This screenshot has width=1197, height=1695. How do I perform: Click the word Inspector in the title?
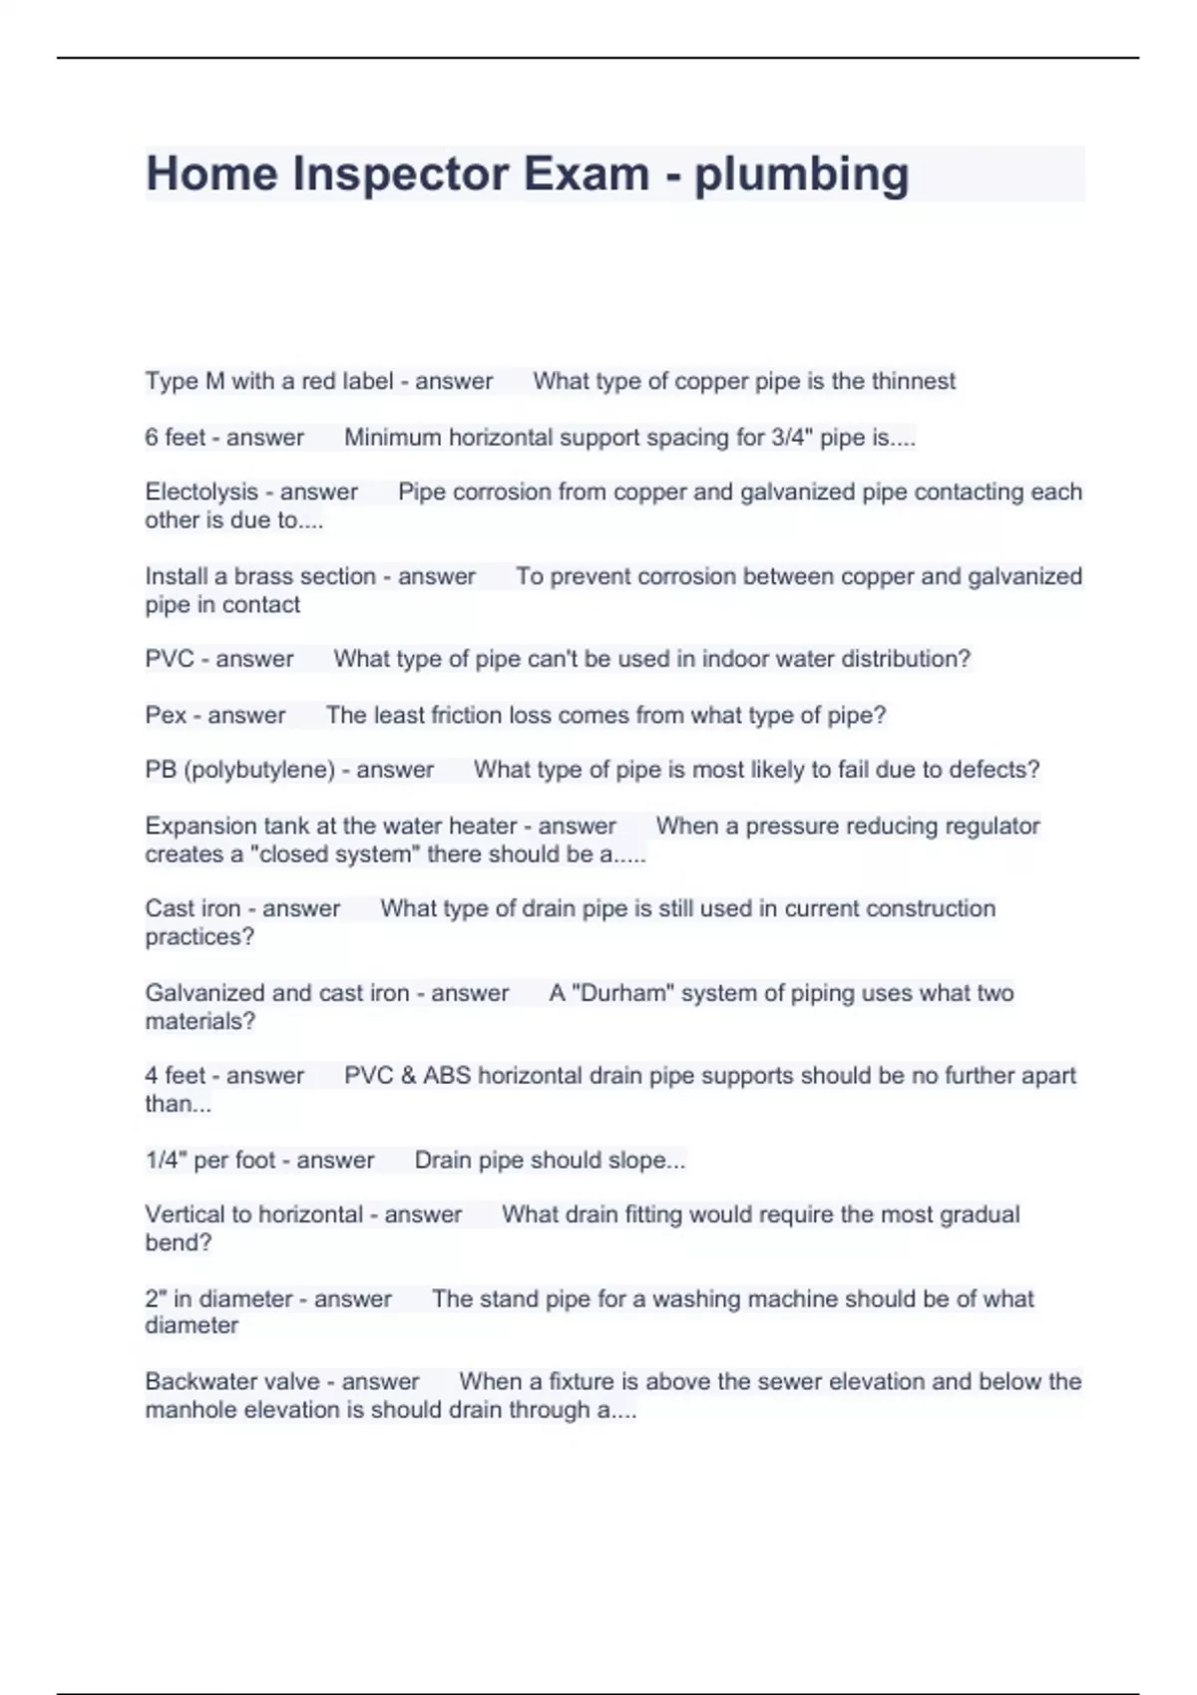[x=400, y=173]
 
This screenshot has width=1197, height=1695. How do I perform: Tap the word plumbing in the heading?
[x=801, y=175]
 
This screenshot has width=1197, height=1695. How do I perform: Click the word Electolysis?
[x=201, y=492]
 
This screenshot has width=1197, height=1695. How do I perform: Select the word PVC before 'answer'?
[x=170, y=659]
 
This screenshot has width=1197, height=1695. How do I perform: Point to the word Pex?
[x=166, y=715]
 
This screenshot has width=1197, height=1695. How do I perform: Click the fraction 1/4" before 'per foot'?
[x=166, y=1160]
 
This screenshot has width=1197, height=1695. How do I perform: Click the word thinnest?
[x=913, y=381]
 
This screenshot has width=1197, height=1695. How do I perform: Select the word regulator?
[x=991, y=826]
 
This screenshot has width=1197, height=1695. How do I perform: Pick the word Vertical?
[x=185, y=1214]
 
